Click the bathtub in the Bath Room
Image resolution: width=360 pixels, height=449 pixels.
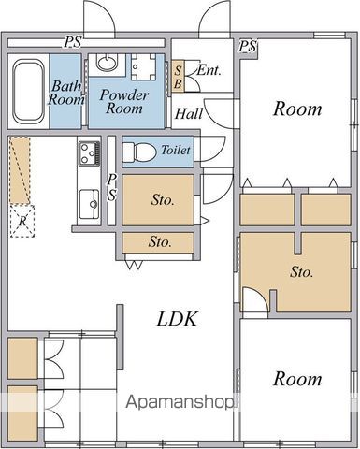click(x=28, y=92)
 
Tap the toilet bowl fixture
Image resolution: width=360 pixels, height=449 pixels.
click(x=139, y=152)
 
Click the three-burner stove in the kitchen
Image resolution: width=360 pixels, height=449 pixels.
click(x=90, y=153)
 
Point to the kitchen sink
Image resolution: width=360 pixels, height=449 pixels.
click(x=89, y=204)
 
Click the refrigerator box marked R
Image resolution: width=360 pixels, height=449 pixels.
click(x=22, y=221)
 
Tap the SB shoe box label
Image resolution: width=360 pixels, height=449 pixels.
click(x=178, y=77)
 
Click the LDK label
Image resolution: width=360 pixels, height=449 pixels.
click(x=177, y=319)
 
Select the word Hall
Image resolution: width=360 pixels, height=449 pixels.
click(x=189, y=113)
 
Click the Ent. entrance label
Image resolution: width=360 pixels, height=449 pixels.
click(x=209, y=70)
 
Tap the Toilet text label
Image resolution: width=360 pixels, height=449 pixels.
click(x=176, y=151)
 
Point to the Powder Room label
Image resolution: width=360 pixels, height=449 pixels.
click(x=124, y=101)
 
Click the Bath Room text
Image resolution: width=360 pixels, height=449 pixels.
click(x=66, y=93)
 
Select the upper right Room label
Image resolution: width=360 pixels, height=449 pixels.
click(x=297, y=109)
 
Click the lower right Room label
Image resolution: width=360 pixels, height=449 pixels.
click(x=297, y=379)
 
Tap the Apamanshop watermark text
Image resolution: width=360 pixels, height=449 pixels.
click(x=180, y=402)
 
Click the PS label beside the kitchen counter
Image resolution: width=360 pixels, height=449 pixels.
click(x=112, y=187)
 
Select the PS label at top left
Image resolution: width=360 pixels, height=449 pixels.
click(x=73, y=42)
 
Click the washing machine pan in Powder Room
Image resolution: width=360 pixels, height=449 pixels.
click(x=143, y=66)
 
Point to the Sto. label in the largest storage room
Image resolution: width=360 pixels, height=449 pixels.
click(x=301, y=272)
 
